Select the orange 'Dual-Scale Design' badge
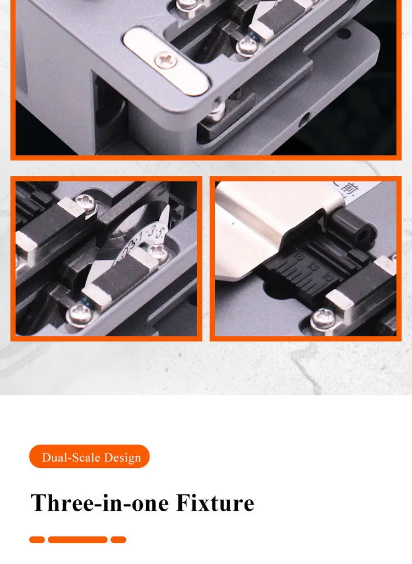[90, 457]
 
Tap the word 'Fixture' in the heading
[215, 503]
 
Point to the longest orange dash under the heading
[77, 540]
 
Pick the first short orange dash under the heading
[37, 540]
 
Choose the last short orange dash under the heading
[118, 540]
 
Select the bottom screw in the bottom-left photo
[76, 316]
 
